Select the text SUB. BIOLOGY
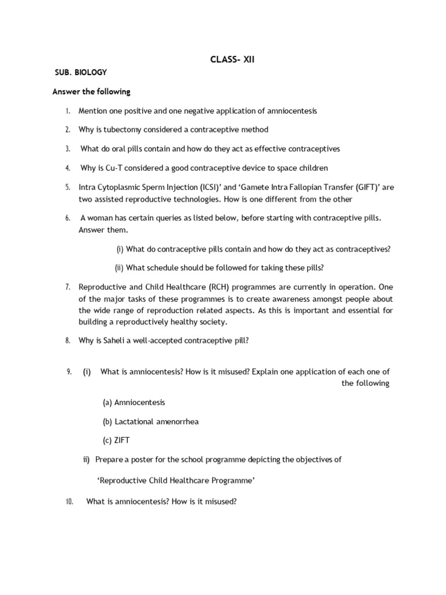[x=80, y=73]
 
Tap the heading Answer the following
[x=91, y=92]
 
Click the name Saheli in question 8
[x=117, y=340]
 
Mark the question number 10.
[x=69, y=502]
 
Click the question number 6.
[x=68, y=218]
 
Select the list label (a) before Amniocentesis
[x=107, y=402]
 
